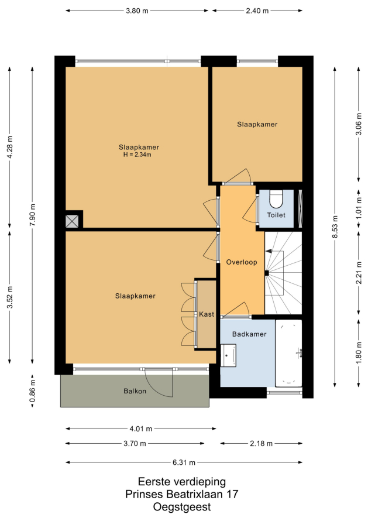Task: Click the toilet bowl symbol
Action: [x=276, y=198]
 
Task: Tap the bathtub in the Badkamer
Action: [x=288, y=353]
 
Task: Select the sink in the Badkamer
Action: [x=228, y=355]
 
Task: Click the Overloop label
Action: [x=242, y=262]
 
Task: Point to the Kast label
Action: [x=207, y=314]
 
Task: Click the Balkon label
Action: [x=135, y=391]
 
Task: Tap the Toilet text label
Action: [x=276, y=215]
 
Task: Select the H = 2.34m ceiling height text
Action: [x=137, y=155]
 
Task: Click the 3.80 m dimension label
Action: [x=137, y=11]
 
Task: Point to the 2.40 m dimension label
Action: [x=257, y=11]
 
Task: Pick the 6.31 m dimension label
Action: [x=184, y=462]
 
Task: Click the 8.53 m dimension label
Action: [x=335, y=227]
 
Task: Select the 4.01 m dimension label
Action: [x=141, y=429]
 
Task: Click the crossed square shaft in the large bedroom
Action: [x=72, y=221]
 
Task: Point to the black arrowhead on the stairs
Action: [x=269, y=251]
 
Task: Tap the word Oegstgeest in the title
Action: [x=182, y=507]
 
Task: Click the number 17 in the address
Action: [x=232, y=494]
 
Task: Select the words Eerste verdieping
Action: [x=182, y=481]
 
